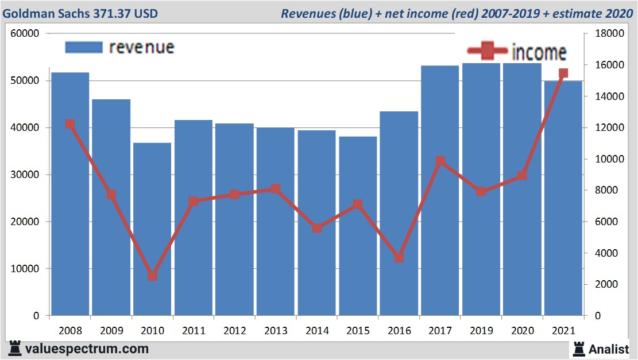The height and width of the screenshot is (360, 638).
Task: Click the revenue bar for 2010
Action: point(153,230)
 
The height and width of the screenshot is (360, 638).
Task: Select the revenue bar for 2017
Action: point(440,189)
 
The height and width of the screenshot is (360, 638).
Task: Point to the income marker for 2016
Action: point(400,258)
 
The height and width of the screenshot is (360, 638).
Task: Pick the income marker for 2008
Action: point(70,124)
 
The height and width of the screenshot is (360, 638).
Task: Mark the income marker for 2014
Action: point(317,228)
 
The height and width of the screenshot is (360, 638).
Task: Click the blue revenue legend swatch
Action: point(83,47)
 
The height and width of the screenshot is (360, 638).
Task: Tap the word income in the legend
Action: point(539,53)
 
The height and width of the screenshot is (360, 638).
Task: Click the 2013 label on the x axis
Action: point(276,331)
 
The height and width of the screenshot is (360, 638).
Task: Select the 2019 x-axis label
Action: point(481,331)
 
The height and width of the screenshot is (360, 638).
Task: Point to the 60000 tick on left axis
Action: point(25,34)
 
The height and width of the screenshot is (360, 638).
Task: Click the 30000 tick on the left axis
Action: point(25,175)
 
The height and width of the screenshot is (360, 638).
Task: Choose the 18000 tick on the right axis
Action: point(609,34)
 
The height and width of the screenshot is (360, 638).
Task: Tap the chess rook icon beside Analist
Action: point(578,349)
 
